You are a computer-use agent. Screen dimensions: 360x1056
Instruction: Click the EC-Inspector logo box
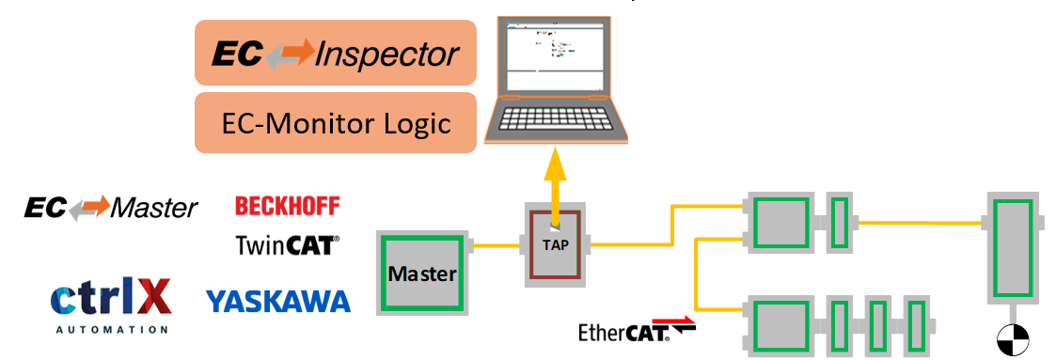(x=335, y=54)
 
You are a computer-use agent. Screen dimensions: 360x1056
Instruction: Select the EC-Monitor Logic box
(x=335, y=122)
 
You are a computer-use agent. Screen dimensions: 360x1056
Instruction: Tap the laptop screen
(x=553, y=55)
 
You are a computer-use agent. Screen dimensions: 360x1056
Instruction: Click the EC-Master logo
(x=111, y=207)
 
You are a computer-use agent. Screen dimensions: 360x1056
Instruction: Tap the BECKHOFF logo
(x=287, y=205)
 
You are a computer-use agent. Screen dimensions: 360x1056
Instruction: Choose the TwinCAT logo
(x=287, y=245)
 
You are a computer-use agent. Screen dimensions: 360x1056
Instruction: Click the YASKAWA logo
(x=278, y=301)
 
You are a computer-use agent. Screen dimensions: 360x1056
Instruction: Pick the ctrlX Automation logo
(x=111, y=300)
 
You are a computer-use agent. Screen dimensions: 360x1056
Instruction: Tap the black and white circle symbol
(x=1014, y=340)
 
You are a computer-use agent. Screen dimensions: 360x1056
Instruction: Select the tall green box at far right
(x=1014, y=246)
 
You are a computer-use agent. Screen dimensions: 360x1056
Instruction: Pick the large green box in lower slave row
(x=778, y=323)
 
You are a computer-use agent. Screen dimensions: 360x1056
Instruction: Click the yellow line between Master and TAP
(x=494, y=247)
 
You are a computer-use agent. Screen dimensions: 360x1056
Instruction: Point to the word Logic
(x=414, y=123)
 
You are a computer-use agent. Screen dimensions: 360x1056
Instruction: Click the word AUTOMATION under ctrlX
(x=111, y=330)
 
